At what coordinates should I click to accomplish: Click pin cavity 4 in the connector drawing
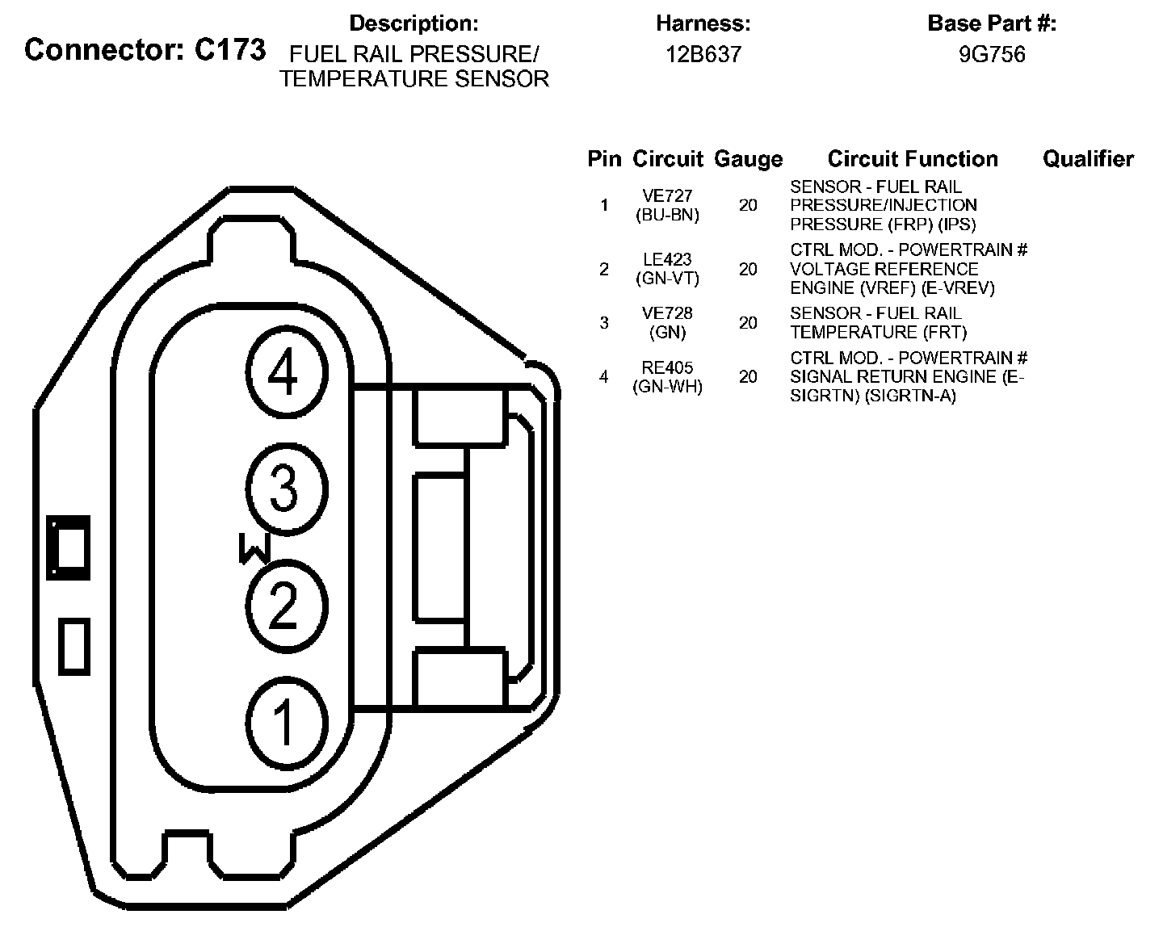tap(286, 373)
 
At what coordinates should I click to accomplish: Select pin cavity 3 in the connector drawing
tap(286, 489)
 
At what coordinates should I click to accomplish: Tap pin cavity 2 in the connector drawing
tap(286, 606)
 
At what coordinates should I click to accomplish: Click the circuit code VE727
tap(667, 196)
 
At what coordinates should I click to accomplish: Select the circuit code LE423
tap(667, 260)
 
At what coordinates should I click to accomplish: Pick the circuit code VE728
tap(667, 313)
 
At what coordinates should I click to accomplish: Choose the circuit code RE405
tap(667, 368)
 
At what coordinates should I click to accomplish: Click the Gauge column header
tap(748, 159)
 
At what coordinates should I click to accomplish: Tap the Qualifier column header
tap(1088, 159)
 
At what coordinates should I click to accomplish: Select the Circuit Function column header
tap(913, 159)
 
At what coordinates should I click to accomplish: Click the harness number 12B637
tap(703, 55)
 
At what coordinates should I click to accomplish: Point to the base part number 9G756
tap(992, 55)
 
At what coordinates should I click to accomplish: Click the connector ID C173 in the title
tap(230, 50)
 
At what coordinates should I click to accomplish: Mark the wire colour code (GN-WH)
tap(667, 387)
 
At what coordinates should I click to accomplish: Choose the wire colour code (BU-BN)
tap(667, 215)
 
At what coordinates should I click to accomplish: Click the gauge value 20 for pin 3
tap(748, 323)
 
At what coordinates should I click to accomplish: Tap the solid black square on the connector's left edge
tap(68, 547)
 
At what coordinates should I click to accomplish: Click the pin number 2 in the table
tap(604, 269)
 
